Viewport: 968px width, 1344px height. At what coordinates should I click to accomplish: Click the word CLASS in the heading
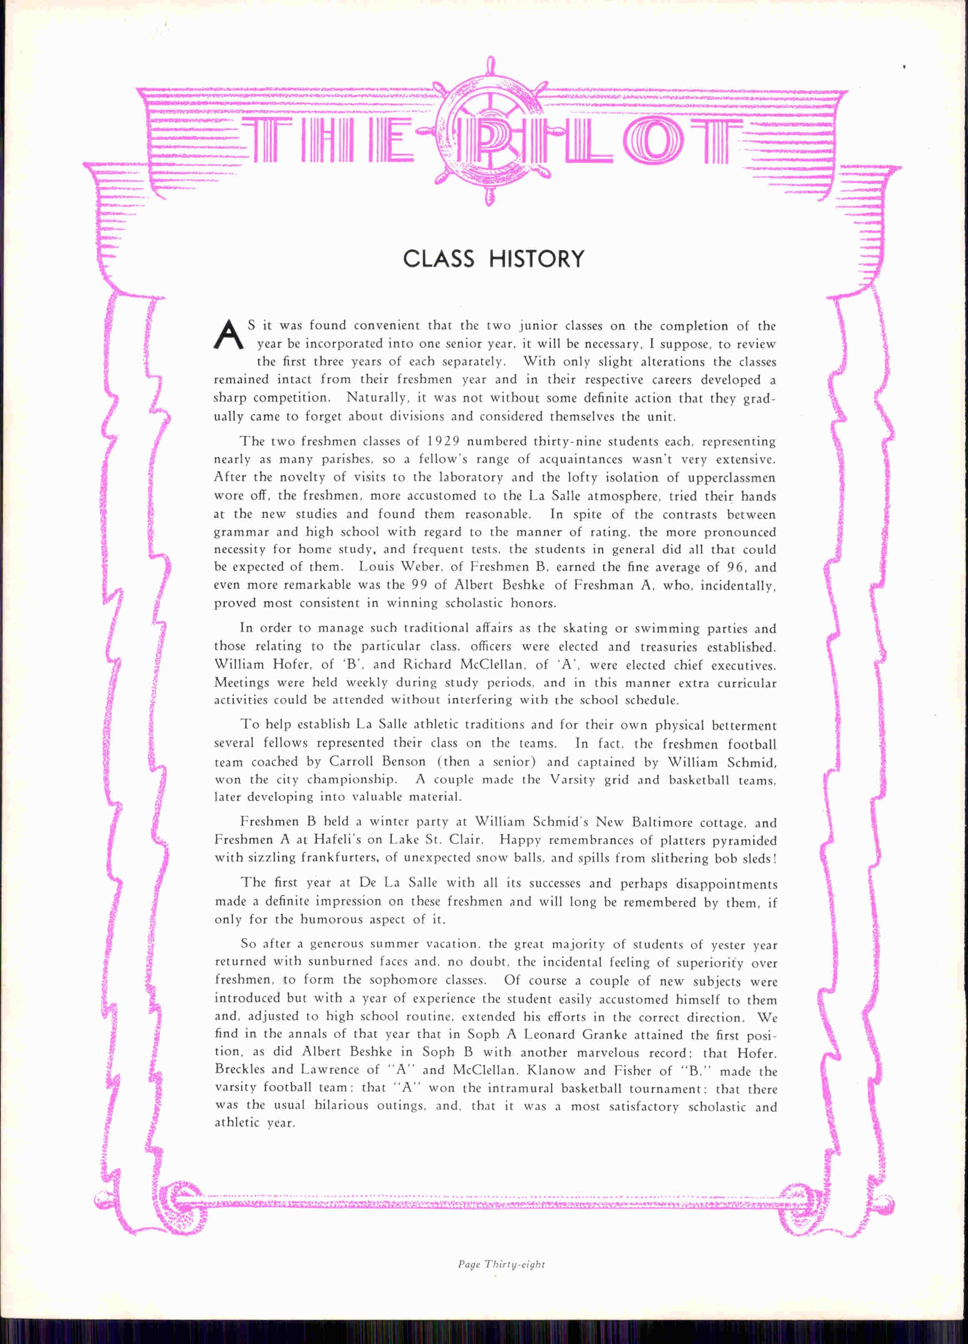(x=439, y=259)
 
